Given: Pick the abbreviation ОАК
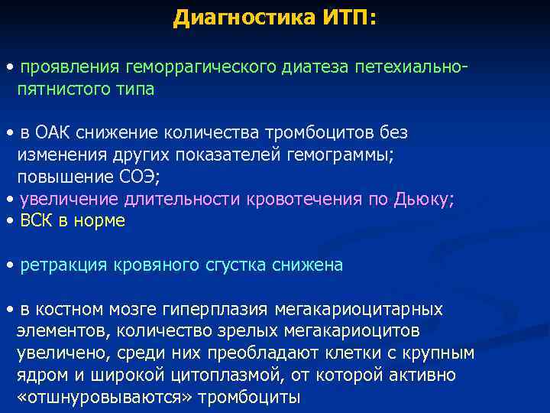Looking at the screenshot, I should pos(51,133).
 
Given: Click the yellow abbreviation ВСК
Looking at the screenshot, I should pos(37,221).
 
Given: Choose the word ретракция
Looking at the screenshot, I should pos(57,265).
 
